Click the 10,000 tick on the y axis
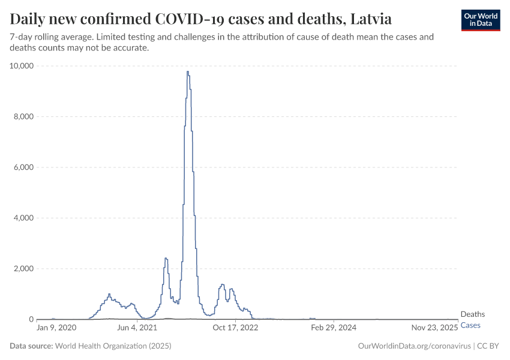[x=22, y=65]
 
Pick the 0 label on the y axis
[x=31, y=319]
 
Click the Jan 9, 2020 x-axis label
[x=56, y=328]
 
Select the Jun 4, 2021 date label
[x=137, y=328]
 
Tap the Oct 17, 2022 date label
[x=236, y=328]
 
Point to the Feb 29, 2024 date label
[x=334, y=328]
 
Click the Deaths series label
[x=472, y=314]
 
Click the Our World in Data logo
[x=480, y=20]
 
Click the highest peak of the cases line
[x=187, y=72]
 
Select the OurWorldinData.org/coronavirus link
[x=413, y=346]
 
